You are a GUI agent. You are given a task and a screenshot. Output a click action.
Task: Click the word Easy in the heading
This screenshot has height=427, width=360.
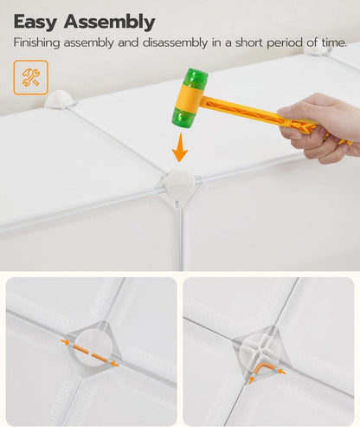tap(35, 23)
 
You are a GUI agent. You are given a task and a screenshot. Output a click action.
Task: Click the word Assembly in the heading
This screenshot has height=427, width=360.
tap(110, 23)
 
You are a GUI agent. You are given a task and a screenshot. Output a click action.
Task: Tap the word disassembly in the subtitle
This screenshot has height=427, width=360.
tap(175, 43)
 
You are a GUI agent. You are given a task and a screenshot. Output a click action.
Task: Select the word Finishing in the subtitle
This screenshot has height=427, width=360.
tap(37, 43)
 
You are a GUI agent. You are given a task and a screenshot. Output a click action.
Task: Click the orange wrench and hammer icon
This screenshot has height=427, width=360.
tap(30, 77)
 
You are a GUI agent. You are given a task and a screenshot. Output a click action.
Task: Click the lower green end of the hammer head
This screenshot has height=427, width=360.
tap(183, 119)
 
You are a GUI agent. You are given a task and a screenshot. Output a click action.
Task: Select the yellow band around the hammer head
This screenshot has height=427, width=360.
tap(190, 98)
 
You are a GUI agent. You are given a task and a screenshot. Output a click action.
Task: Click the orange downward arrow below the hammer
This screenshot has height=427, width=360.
tap(180, 147)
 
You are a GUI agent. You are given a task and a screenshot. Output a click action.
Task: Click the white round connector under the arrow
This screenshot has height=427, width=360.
tap(178, 184)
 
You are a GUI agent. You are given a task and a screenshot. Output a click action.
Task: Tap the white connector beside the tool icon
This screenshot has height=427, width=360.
tap(59, 100)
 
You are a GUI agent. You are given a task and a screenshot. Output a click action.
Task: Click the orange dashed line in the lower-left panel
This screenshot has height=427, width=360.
tap(91, 353)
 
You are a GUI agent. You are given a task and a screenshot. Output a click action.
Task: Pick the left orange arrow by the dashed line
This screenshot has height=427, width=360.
tap(65, 342)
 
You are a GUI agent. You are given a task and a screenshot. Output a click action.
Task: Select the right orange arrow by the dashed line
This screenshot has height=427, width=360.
tap(114, 364)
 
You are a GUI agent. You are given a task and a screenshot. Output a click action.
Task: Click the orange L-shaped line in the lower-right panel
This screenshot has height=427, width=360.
tap(263, 369)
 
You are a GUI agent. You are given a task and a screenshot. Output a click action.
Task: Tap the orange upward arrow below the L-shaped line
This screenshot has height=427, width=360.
tap(251, 379)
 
